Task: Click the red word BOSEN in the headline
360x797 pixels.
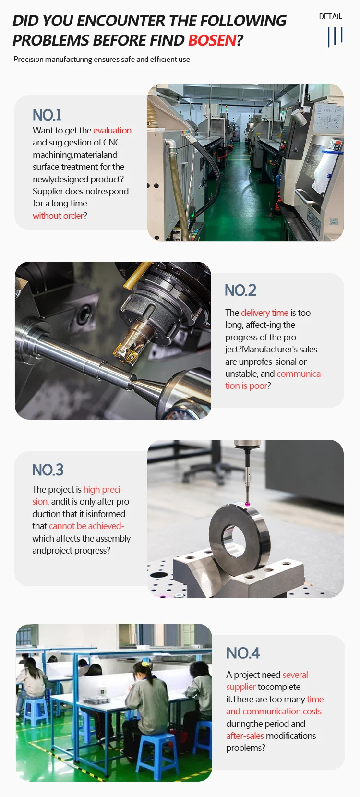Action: tap(212, 40)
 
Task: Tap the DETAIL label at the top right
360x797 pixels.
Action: tap(330, 16)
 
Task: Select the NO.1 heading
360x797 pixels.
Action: tap(47, 115)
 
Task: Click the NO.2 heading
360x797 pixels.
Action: tap(240, 290)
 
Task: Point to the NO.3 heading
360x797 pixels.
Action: tap(48, 470)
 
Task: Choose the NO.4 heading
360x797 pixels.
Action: tap(243, 653)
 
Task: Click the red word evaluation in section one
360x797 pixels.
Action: tap(112, 130)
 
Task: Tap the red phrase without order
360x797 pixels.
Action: tap(58, 216)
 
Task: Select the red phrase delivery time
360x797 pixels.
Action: tap(264, 313)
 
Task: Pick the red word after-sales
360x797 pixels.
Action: tap(245, 736)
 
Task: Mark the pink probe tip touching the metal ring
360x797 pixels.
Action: tap(248, 504)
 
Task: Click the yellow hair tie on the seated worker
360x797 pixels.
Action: tap(144, 664)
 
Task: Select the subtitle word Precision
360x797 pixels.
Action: tap(29, 60)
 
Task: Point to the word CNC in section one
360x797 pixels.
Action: tap(112, 142)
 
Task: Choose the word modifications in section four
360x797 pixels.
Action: tap(291, 736)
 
